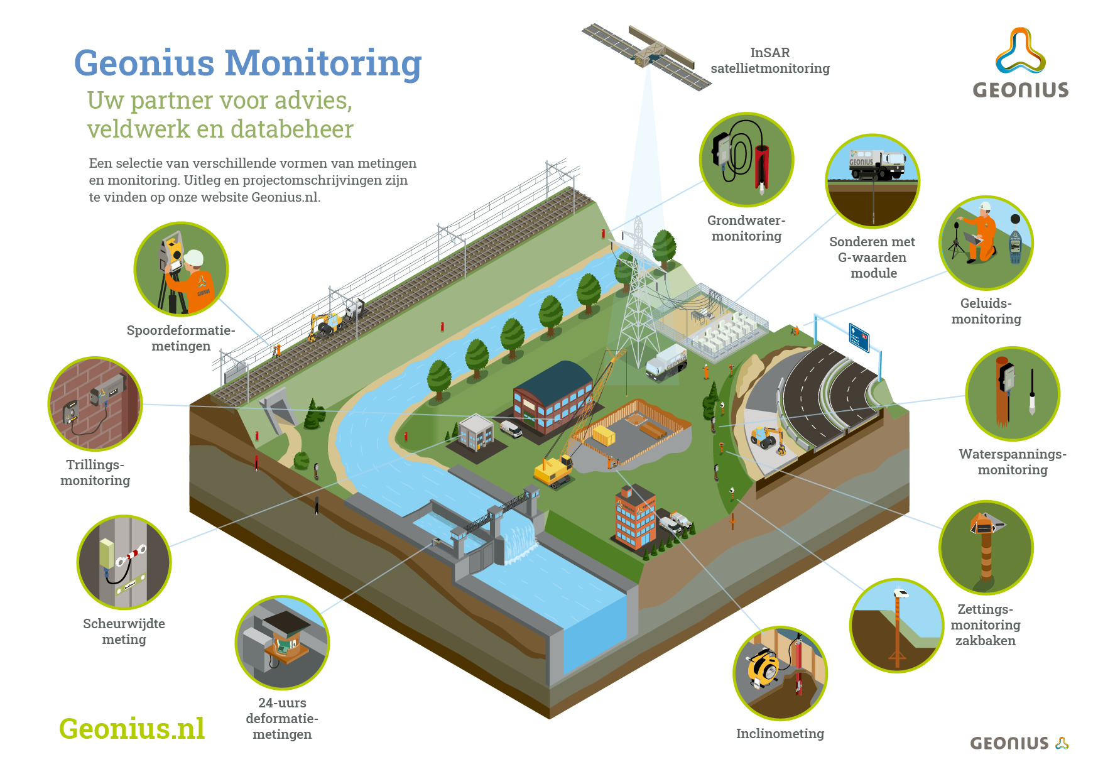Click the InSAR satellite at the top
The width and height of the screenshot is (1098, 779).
646,57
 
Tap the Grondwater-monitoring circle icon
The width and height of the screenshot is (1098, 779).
746,160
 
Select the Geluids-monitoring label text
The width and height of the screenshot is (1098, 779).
986,311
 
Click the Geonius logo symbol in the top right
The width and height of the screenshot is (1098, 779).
1021,51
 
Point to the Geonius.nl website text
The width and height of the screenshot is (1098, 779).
132,729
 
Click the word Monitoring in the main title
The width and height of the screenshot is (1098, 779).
323,64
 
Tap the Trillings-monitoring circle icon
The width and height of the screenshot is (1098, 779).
95,404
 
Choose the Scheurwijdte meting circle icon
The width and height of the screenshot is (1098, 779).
124,562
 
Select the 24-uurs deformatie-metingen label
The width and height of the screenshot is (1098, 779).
282,718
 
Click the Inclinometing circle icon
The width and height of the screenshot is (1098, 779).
780,673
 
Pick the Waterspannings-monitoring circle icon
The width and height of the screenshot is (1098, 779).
1013,394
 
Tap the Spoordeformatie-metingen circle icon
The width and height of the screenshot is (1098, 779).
181,269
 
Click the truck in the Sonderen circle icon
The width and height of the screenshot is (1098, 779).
877,165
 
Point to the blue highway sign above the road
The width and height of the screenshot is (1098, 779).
859,337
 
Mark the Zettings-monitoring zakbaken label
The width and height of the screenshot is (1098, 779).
986,624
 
